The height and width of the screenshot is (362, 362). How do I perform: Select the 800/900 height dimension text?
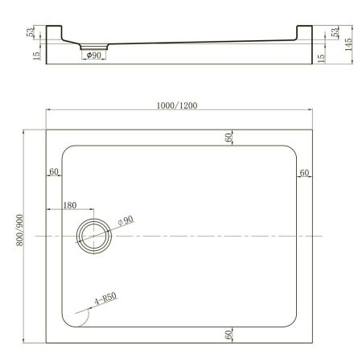30,234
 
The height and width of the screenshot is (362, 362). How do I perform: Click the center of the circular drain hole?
96,236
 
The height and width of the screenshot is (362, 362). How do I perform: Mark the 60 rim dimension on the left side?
54,172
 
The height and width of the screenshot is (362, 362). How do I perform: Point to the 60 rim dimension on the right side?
304,172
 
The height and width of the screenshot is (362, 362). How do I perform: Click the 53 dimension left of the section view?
32,33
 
